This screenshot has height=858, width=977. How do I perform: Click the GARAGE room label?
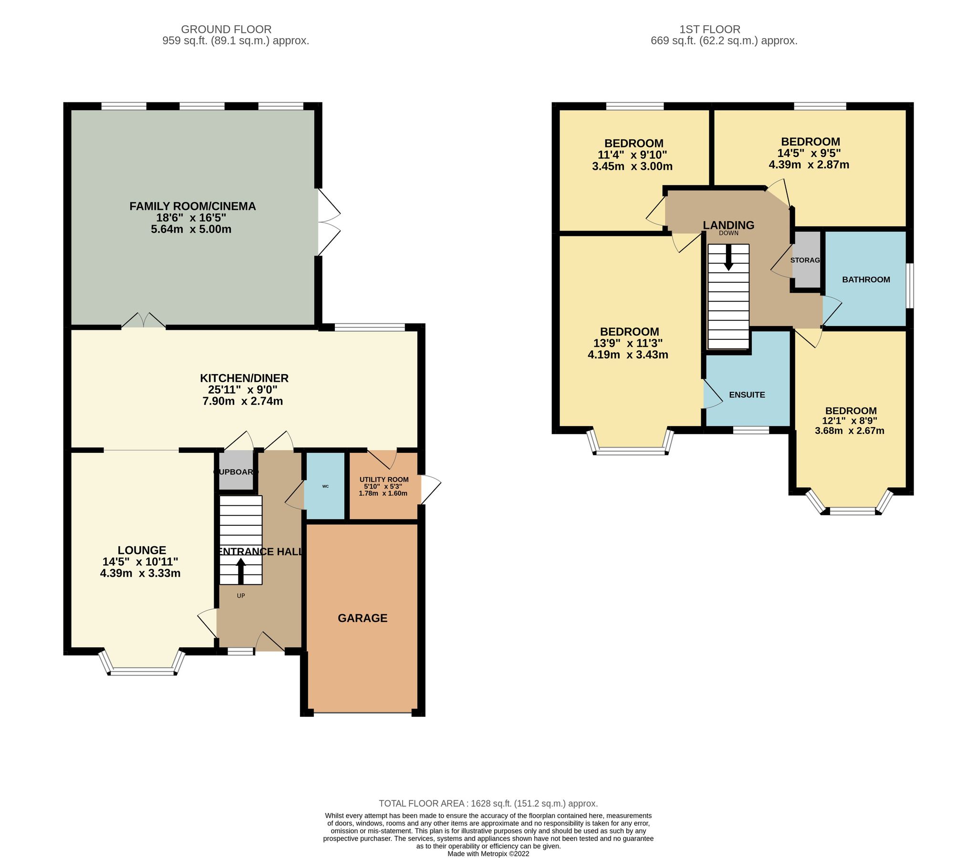pos(362,618)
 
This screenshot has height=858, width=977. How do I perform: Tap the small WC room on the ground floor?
pos(325,486)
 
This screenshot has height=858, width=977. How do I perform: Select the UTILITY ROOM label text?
pos(384,480)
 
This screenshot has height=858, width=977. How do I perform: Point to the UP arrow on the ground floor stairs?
pos(240,571)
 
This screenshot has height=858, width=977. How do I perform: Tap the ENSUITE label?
pos(747,395)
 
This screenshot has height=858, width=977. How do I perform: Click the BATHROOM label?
pos(866,279)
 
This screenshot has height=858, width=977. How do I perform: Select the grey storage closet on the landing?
pos(806,260)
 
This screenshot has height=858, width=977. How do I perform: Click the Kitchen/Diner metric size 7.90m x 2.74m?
pos(243,401)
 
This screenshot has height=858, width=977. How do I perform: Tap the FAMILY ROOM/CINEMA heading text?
pos(193,206)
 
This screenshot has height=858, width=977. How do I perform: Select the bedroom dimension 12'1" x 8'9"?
pos(849,421)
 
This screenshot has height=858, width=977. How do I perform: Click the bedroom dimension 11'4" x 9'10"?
pos(632,155)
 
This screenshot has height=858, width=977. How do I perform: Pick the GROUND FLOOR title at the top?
pos(226,30)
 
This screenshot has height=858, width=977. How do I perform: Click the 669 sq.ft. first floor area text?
pos(724,41)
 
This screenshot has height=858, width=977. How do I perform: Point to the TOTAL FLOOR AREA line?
pos(488,804)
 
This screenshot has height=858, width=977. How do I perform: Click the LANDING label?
pos(728,225)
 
